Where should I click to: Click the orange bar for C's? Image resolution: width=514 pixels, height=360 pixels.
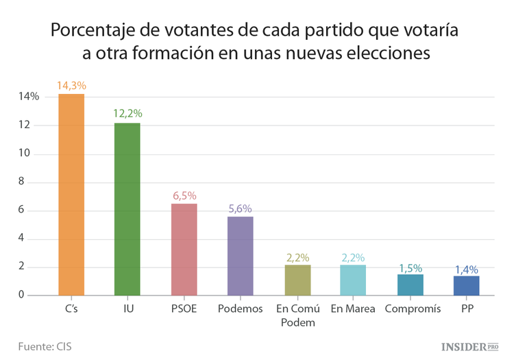click(71, 195)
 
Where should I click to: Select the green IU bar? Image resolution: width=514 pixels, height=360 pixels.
click(127, 209)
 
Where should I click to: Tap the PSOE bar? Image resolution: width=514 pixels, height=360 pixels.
click(184, 250)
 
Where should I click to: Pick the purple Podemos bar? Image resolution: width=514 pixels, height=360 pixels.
click(240, 256)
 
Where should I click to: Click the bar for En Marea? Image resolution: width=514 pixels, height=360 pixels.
click(353, 280)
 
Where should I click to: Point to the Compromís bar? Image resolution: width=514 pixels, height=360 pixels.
click(410, 285)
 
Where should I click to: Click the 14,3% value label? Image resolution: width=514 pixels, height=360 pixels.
click(71, 86)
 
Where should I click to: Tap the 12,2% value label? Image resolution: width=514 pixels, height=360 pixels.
click(127, 114)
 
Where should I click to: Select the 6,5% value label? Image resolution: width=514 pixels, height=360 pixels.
click(184, 195)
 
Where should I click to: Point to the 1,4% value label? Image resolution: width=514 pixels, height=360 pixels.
click(466, 269)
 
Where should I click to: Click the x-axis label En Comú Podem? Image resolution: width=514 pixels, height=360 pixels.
click(297, 315)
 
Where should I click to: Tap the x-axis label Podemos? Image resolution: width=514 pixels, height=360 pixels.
click(240, 309)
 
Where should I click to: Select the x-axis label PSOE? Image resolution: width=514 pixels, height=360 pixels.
click(184, 309)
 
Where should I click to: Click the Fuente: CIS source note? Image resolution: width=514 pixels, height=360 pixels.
click(45, 346)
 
